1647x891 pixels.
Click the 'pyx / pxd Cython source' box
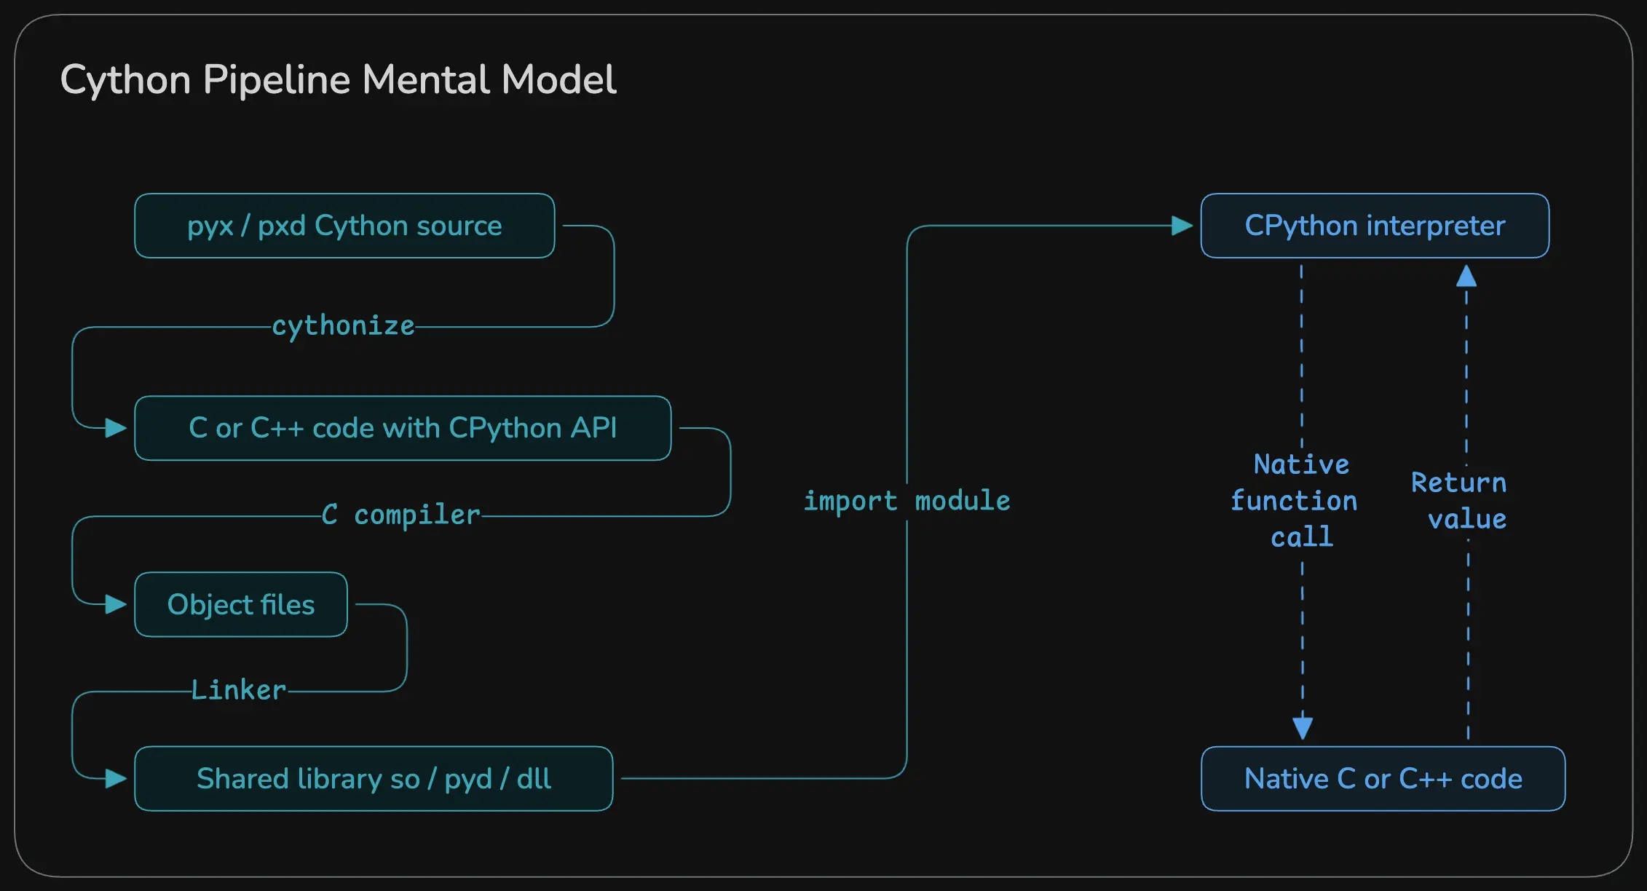coord(344,226)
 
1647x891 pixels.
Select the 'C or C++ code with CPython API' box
coord(403,428)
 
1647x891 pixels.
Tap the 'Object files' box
coord(241,604)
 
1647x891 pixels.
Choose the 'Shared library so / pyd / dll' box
coord(374,778)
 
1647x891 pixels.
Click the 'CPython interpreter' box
coord(1375,226)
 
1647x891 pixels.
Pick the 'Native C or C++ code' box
coord(1383,778)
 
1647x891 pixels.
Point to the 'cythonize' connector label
coord(343,326)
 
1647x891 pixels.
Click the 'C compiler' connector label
coord(401,515)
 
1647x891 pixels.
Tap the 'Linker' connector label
coord(239,690)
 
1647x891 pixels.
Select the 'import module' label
coord(907,501)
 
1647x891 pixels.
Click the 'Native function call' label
coord(1295,501)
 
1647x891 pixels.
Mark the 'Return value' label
coord(1459,501)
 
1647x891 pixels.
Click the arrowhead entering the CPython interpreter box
coord(1182,226)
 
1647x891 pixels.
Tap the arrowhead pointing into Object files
coord(116,604)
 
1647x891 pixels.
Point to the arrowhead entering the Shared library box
coord(116,778)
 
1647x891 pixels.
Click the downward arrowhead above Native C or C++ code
coord(1303,727)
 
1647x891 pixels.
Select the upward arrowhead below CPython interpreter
coord(1466,276)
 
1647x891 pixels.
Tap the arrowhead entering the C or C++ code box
coord(116,428)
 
